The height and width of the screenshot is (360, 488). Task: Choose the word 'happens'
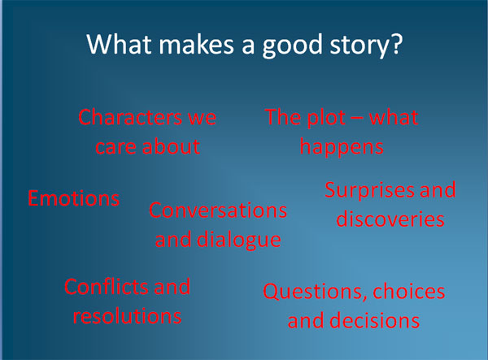(x=342, y=148)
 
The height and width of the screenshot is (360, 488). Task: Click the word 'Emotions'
(x=74, y=198)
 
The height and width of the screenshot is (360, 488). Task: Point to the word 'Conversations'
(x=218, y=210)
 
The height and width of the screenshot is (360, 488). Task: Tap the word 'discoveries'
(x=390, y=219)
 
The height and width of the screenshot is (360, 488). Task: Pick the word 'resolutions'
(x=127, y=315)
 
